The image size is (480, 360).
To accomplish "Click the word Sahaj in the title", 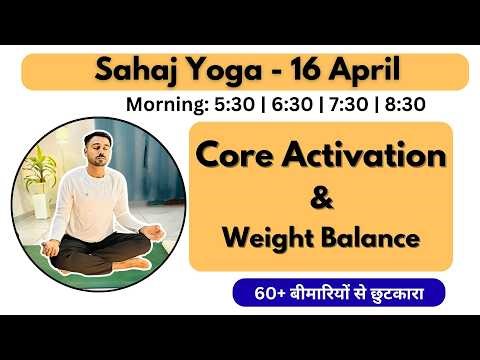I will click(133, 71).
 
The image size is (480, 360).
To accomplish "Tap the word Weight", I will click(270, 239).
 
